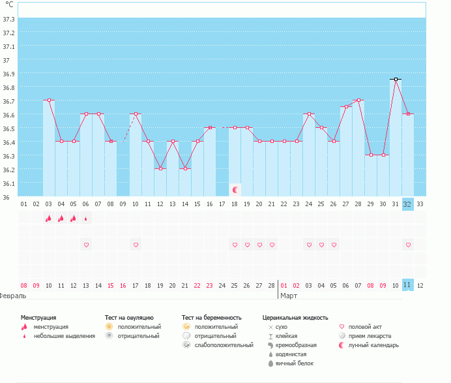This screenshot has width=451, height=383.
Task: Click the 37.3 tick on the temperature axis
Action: point(9,19)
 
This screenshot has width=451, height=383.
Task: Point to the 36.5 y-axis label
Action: point(9,129)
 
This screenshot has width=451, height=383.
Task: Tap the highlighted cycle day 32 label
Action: point(407,204)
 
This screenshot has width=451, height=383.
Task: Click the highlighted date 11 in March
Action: point(407,285)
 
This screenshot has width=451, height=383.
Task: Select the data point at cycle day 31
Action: point(396,79)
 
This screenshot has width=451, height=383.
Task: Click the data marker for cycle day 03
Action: point(49,100)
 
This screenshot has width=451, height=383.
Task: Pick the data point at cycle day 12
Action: point(160,168)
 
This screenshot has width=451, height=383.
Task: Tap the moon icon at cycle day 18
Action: point(235,190)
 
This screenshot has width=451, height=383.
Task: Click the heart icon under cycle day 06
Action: point(86,245)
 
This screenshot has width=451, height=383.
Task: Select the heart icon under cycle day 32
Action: point(408,245)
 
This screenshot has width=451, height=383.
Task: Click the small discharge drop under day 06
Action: point(85,219)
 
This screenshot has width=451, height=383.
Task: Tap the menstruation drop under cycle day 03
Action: point(48,219)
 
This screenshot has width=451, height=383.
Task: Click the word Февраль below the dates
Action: point(13,296)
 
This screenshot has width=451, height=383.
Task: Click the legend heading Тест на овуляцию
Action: point(129,317)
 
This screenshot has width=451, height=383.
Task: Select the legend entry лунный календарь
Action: point(373,345)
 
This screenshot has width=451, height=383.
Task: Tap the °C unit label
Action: point(9,5)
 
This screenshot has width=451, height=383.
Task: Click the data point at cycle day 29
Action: point(371,155)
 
